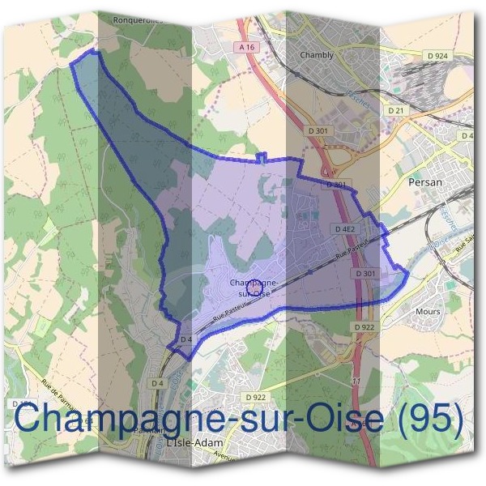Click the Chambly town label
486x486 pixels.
pyautogui.click(x=317, y=55)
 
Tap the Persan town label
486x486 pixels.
pyautogui.click(x=426, y=183)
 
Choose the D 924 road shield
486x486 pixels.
pyautogui.click(x=436, y=55)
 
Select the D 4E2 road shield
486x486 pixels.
pyautogui.click(x=345, y=229)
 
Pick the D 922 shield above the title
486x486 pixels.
pyautogui.click(x=255, y=397)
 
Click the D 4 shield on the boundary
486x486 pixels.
pyautogui.click(x=186, y=339)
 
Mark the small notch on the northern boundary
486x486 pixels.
pyautogui.click(x=260, y=157)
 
